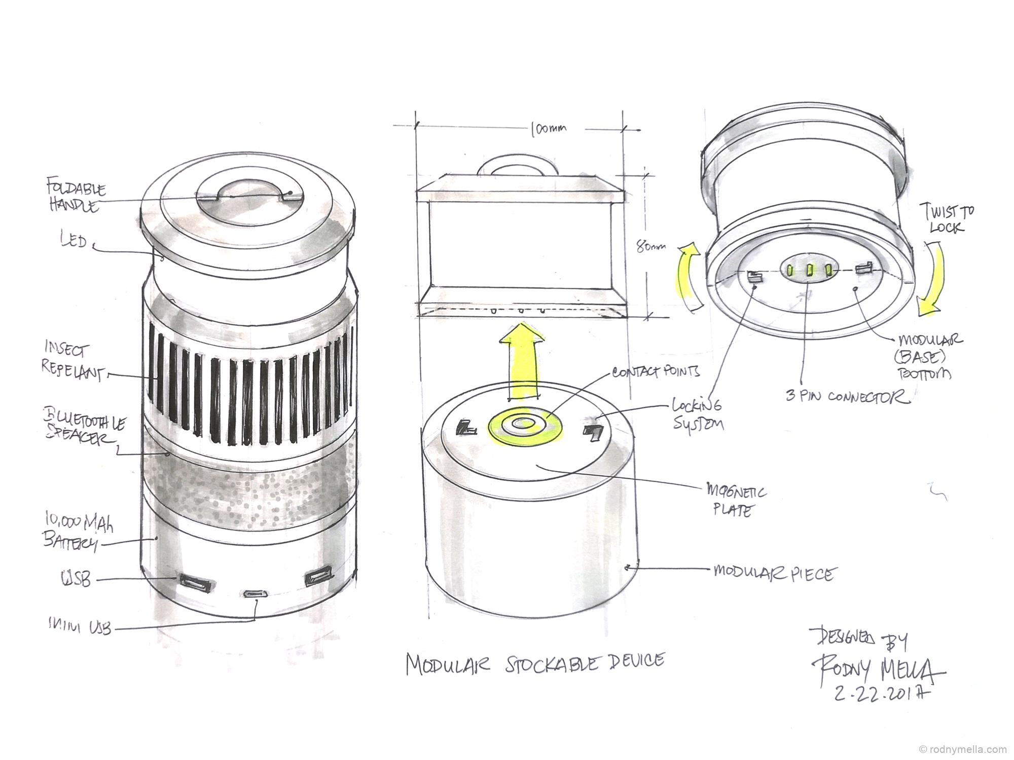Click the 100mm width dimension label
click(548, 129)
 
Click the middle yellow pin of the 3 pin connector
click(810, 269)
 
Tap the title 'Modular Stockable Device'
click(535, 663)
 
